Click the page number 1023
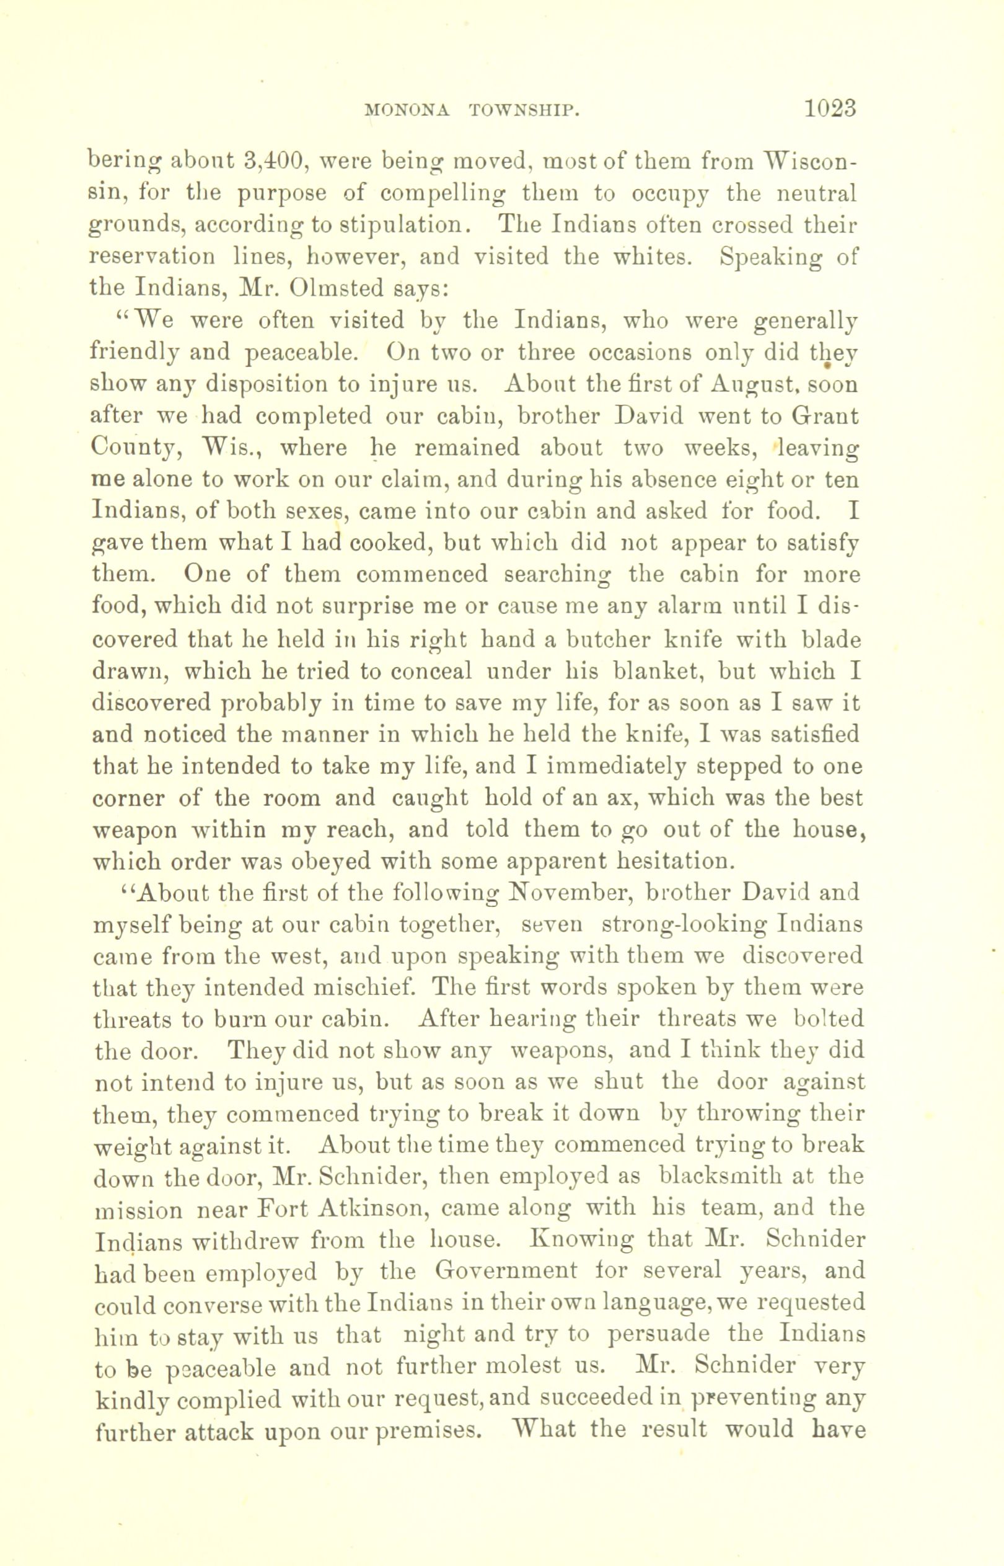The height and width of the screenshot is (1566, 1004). coord(829,107)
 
